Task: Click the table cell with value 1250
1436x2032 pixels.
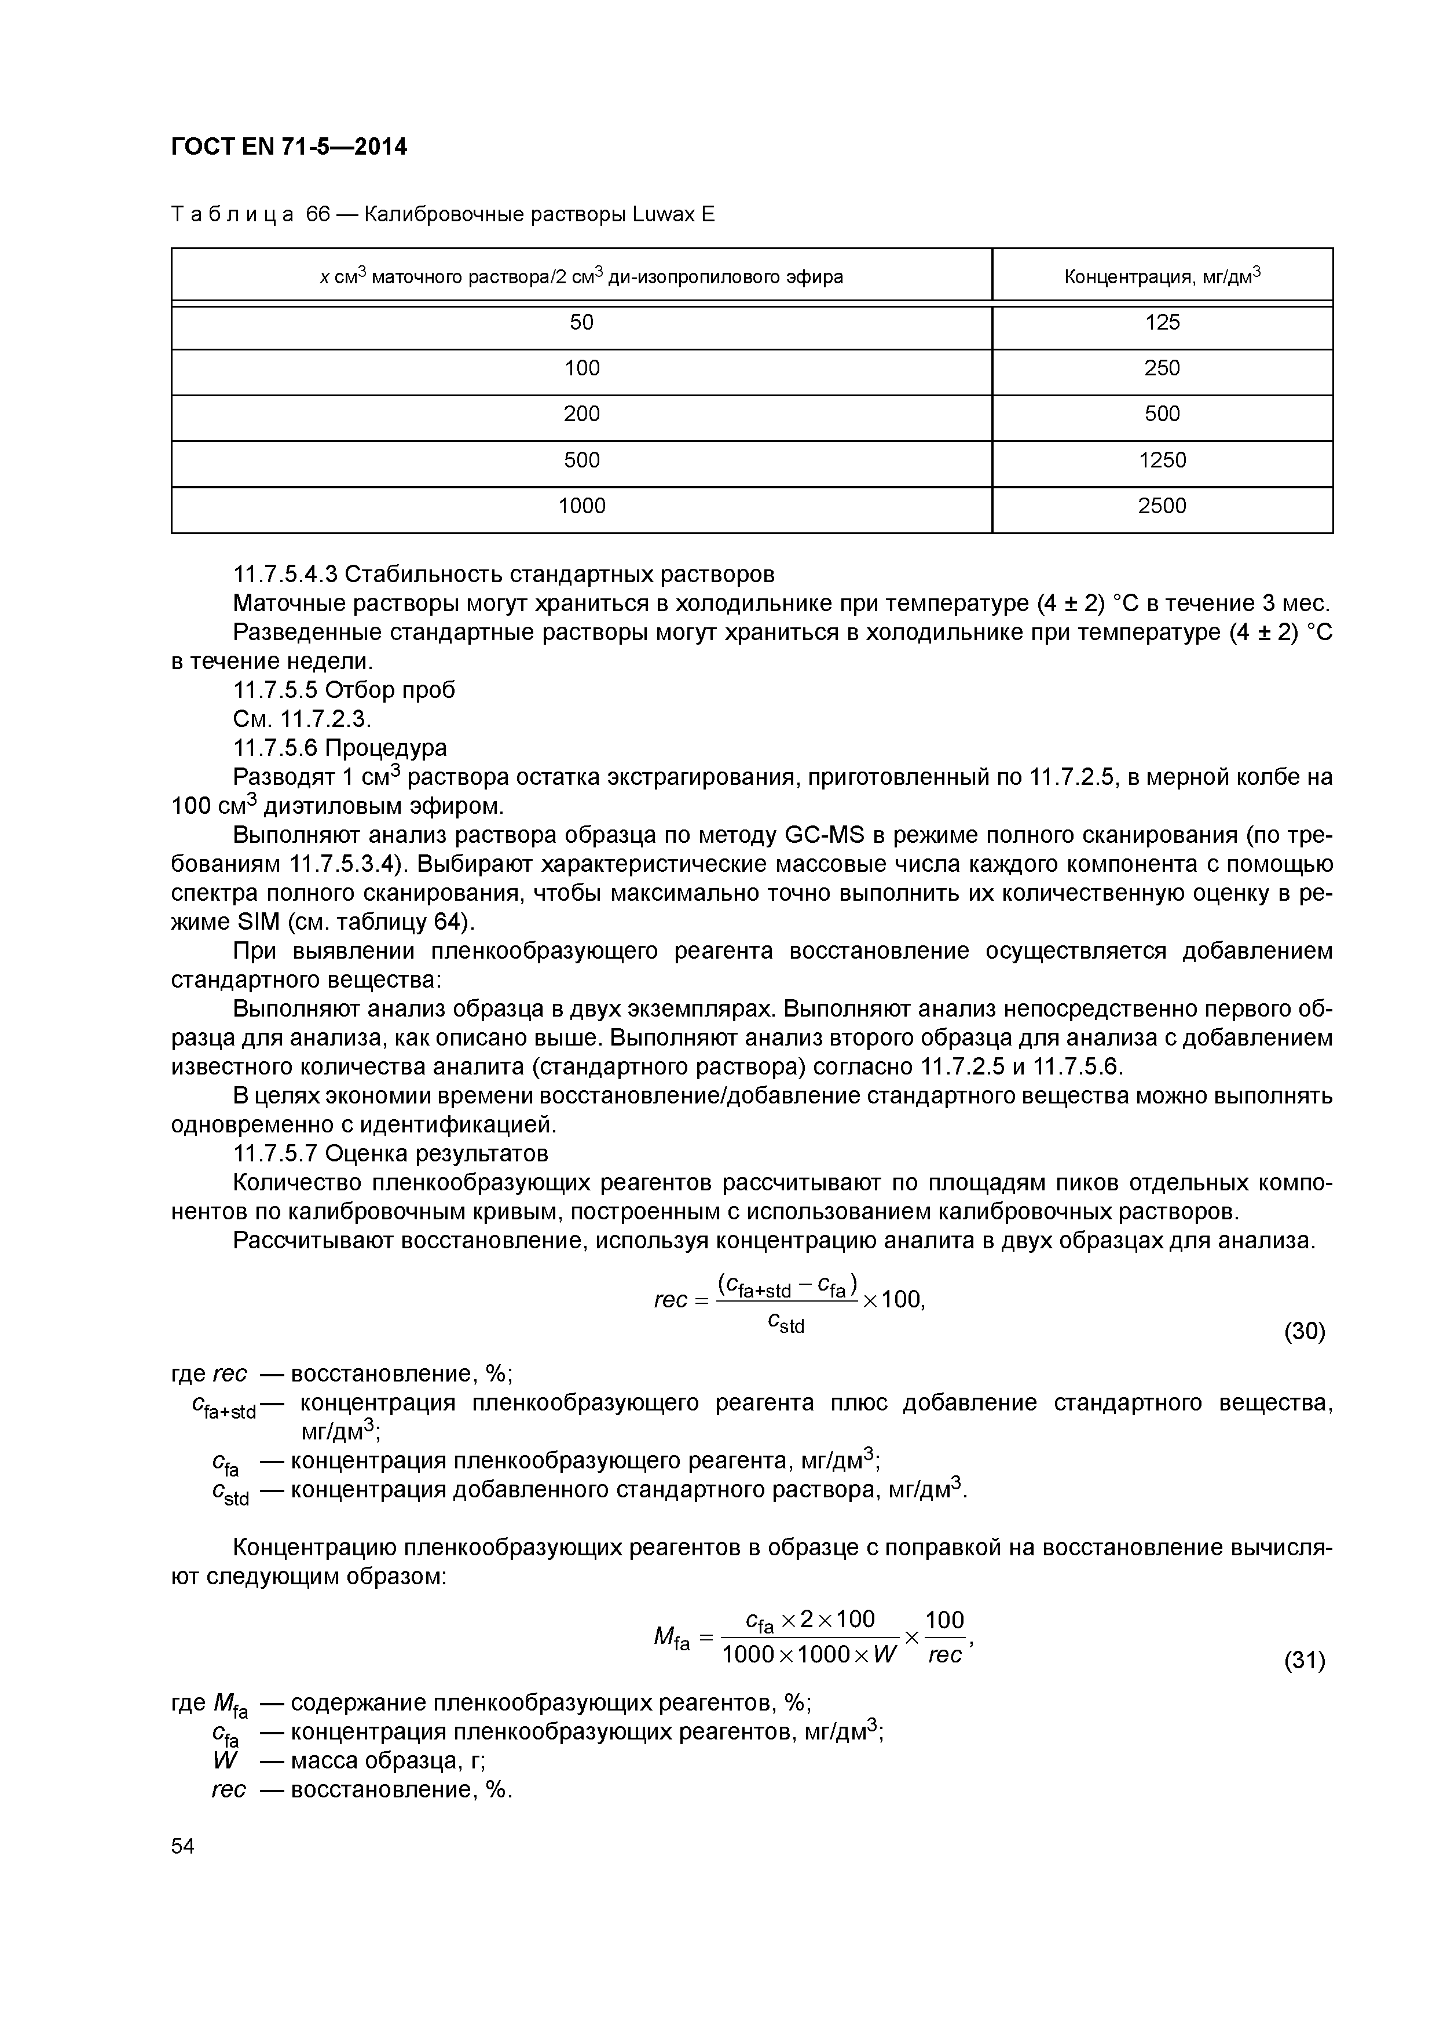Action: point(1161,460)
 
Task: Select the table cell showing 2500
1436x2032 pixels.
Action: point(1161,506)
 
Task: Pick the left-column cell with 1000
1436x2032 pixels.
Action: point(581,506)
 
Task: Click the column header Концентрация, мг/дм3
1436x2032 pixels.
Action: point(1161,277)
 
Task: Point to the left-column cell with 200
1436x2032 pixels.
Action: point(581,414)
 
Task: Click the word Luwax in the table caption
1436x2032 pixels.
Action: point(665,214)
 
